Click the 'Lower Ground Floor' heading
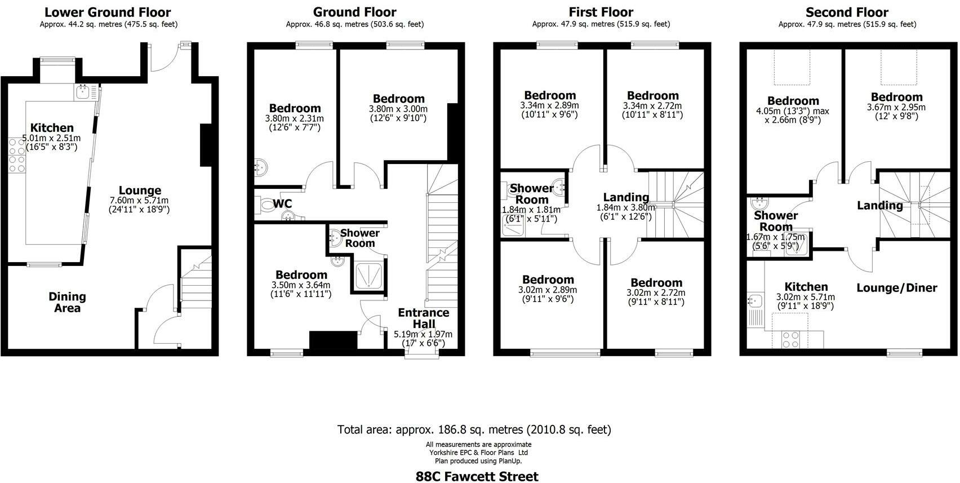tap(108, 12)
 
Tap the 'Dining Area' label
tap(67, 302)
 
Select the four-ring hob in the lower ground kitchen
tap(17, 156)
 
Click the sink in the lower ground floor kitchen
tap(82, 92)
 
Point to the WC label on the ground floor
tap(282, 204)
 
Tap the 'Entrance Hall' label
tap(424, 318)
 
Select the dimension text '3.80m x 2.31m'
tap(295, 119)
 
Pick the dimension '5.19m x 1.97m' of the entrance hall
tap(423, 334)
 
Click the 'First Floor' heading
tap(601, 12)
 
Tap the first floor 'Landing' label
tap(626, 198)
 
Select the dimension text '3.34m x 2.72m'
tap(652, 106)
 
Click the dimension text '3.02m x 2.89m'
tap(548, 290)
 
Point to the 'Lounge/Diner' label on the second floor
tap(896, 288)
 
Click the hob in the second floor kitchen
tap(790, 339)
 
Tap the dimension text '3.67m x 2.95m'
tap(896, 108)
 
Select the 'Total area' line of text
tap(474, 429)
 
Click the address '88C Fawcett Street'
tap(477, 476)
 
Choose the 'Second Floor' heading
tap(847, 12)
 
